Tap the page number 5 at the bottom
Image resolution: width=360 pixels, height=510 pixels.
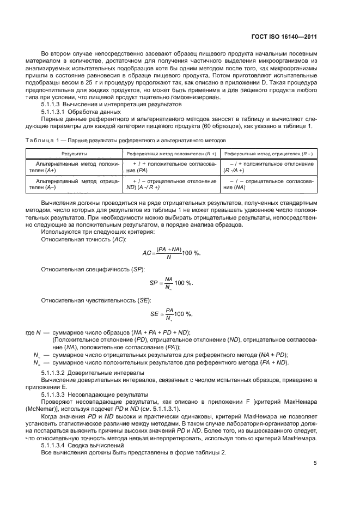point(315,463)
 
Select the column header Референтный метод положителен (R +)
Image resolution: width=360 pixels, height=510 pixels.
point(172,154)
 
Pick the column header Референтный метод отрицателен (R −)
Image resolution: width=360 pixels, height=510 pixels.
point(269,154)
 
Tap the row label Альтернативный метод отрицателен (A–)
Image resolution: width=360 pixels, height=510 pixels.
point(74,184)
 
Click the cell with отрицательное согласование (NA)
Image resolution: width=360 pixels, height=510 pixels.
point(269,184)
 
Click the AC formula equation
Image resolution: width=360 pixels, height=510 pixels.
point(171,253)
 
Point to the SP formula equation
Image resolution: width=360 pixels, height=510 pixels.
point(171,283)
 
